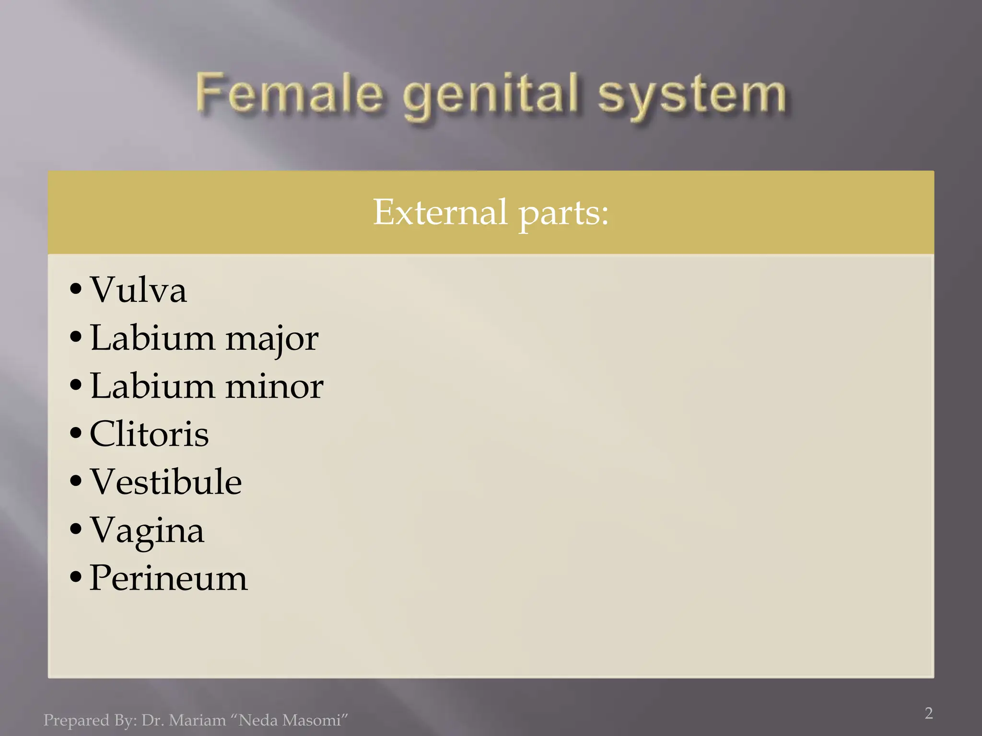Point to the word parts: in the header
click(x=563, y=213)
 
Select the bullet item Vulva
click(x=138, y=290)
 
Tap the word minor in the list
click(x=274, y=386)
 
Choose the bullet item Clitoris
click(x=149, y=434)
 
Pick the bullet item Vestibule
click(x=166, y=482)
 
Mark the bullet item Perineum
click(x=168, y=578)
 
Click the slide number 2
click(x=929, y=713)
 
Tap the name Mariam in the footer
click(x=197, y=720)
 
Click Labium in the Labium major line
click(x=152, y=338)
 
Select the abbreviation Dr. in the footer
click(x=152, y=720)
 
